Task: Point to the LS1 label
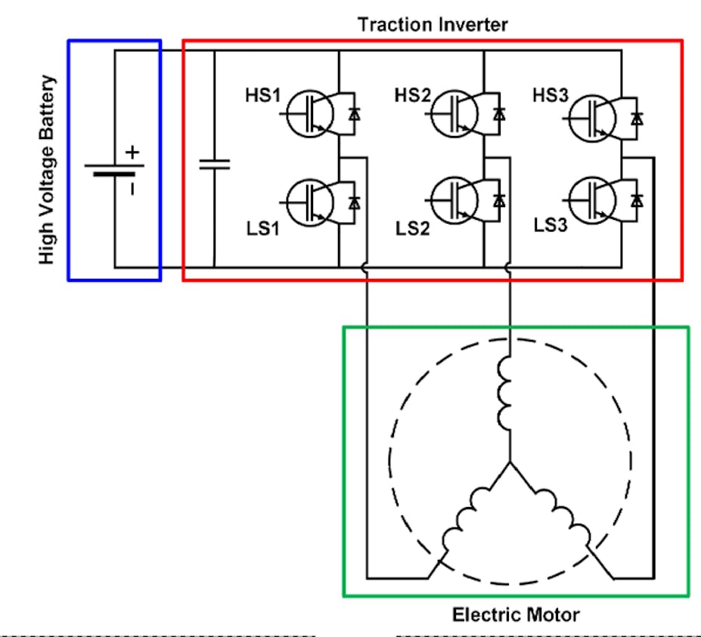(x=262, y=227)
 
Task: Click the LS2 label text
(x=413, y=227)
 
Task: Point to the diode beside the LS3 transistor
(x=637, y=201)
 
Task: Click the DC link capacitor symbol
(x=214, y=164)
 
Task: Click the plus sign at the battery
(x=133, y=152)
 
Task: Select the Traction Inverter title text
(x=433, y=24)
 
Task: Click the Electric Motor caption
(x=516, y=614)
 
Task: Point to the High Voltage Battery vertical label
(x=48, y=169)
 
